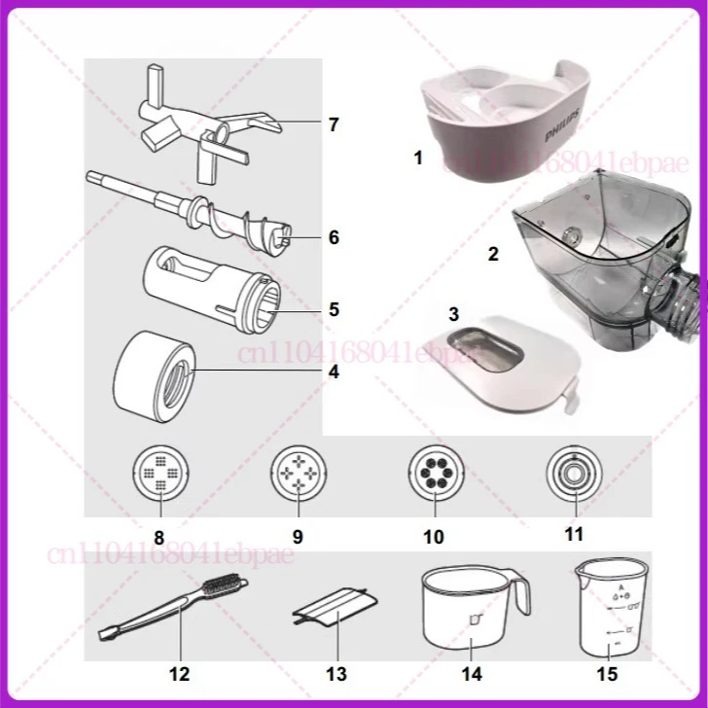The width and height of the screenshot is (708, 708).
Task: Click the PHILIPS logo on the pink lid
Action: (566, 125)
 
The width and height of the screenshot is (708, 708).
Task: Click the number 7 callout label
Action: (334, 125)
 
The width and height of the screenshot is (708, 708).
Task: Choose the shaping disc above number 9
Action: (298, 475)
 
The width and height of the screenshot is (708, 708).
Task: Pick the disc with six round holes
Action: (435, 475)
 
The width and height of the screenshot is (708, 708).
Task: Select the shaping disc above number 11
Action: (573, 475)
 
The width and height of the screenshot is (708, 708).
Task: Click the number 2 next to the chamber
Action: (493, 255)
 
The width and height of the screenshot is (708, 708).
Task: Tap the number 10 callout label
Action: (434, 537)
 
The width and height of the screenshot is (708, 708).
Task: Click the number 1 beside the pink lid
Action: (418, 158)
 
